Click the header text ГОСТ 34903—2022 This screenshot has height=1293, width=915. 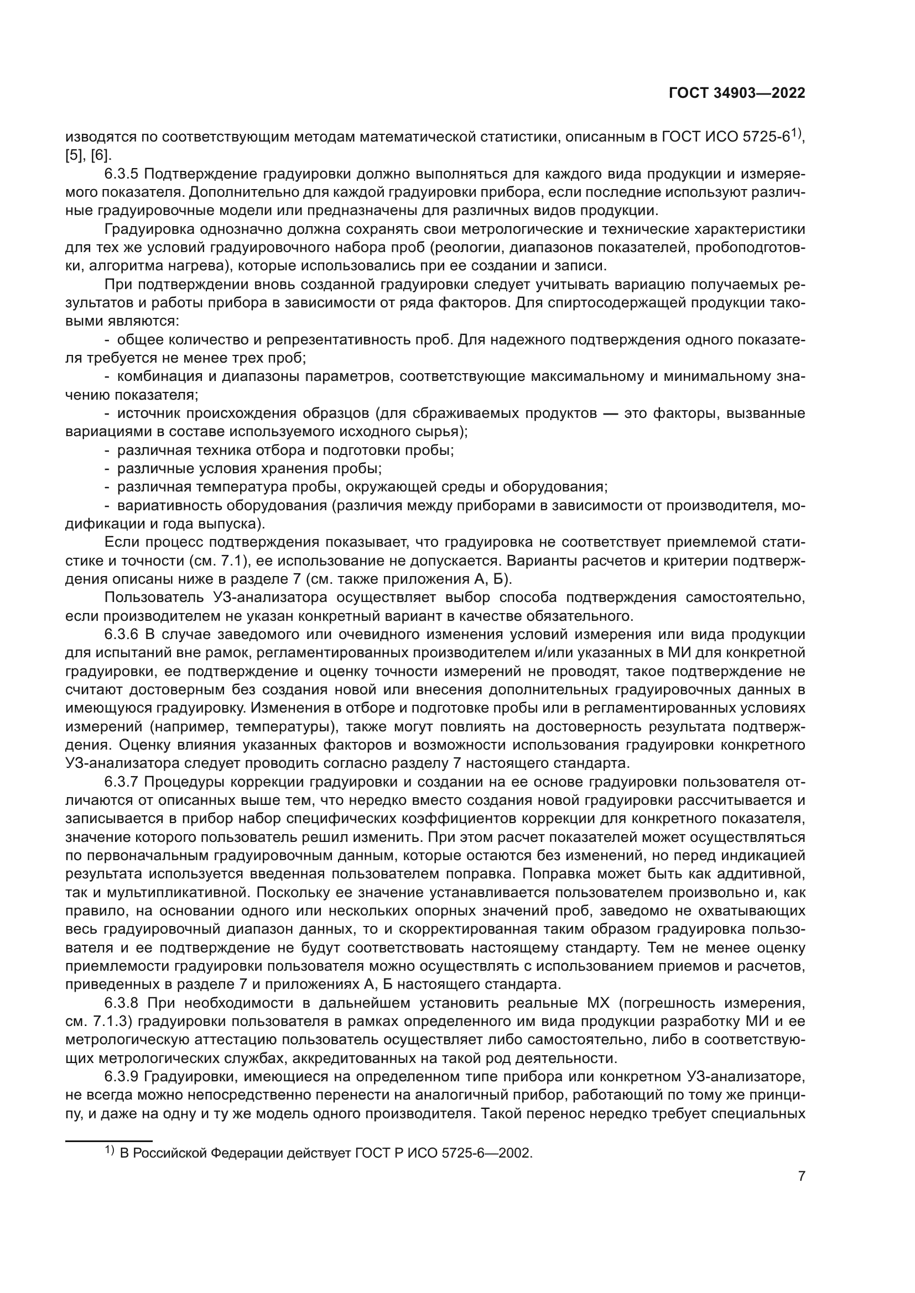coord(736,93)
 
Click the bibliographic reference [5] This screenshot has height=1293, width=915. coord(74,155)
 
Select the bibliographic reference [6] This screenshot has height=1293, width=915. coord(101,155)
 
